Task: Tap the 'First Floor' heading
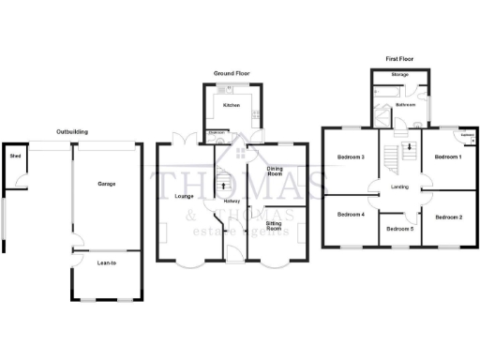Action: pos(399,58)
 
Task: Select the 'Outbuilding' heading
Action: pos(72,132)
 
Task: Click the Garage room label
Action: pos(107,184)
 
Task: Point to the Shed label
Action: pos(15,157)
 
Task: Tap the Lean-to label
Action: pos(106,263)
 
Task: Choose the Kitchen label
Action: pos(232,106)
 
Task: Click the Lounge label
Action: pos(183,196)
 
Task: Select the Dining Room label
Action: pos(275,171)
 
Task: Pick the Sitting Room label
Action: pos(275,226)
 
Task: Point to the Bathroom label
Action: pos(405,106)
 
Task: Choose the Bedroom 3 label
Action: pos(351,157)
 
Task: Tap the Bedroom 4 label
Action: pos(351,215)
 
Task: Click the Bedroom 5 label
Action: pos(400,229)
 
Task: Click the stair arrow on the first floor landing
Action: pos(410,149)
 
